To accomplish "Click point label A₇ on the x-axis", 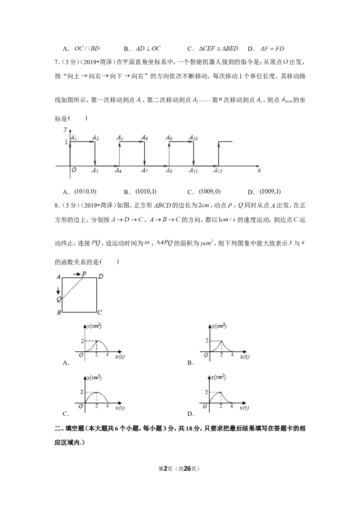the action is click(x=144, y=170).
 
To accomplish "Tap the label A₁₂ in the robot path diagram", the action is click(x=218, y=170).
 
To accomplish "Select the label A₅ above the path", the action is click(x=120, y=138).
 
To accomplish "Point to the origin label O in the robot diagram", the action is click(x=74, y=170).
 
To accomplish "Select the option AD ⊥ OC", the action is click(x=148, y=49).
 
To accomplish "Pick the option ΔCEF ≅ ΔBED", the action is click(x=218, y=49).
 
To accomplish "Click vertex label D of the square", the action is click(x=101, y=277).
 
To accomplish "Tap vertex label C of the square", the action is click(x=100, y=313).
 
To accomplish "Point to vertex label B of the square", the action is click(x=59, y=313).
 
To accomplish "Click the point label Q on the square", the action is click(x=59, y=299).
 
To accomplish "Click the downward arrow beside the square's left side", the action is click(x=58, y=290).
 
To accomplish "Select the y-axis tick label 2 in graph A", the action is click(x=82, y=341).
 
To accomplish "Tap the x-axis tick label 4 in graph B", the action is click(x=232, y=355).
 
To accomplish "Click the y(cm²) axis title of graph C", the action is click(x=94, y=378).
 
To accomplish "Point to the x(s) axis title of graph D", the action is click(x=244, y=407).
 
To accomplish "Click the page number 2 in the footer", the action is click(x=166, y=469).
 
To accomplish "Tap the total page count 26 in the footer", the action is click(x=187, y=469).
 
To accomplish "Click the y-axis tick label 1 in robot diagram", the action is click(x=66, y=142).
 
